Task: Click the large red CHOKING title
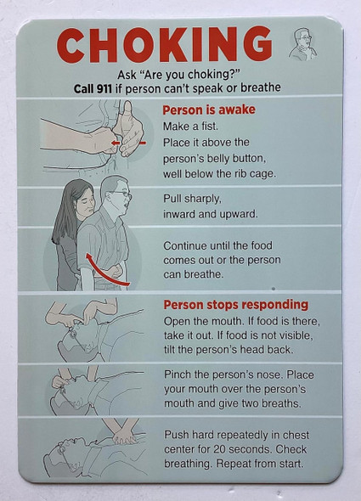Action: click(x=166, y=45)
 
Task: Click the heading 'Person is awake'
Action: click(x=208, y=110)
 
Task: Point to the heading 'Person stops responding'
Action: click(x=234, y=305)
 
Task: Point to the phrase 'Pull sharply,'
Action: click(x=198, y=199)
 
